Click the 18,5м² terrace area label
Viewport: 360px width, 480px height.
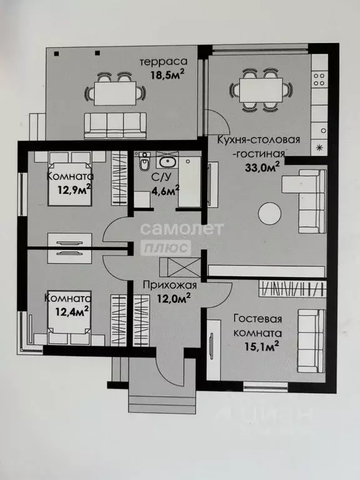(x=167, y=74)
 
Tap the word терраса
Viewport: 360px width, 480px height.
(x=164, y=61)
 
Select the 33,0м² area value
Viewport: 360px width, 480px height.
(x=262, y=167)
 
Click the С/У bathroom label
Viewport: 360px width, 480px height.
(x=159, y=177)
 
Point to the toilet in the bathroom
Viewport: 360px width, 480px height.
(x=143, y=161)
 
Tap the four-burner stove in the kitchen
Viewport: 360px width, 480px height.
(x=319, y=79)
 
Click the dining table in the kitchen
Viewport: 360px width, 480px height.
(x=261, y=90)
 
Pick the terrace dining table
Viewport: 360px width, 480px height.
(x=115, y=93)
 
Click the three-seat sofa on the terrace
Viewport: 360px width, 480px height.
(x=116, y=126)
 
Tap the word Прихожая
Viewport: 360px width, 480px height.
(x=169, y=285)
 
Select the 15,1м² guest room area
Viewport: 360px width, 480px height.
(x=262, y=346)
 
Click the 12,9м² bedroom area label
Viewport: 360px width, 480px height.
(x=74, y=190)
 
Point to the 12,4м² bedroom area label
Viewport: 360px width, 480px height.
(x=72, y=312)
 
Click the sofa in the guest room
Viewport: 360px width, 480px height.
(x=311, y=341)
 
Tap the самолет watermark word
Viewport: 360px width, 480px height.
(x=182, y=229)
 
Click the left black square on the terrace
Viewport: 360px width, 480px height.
(x=56, y=54)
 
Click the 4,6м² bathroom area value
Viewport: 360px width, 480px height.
(x=166, y=191)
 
